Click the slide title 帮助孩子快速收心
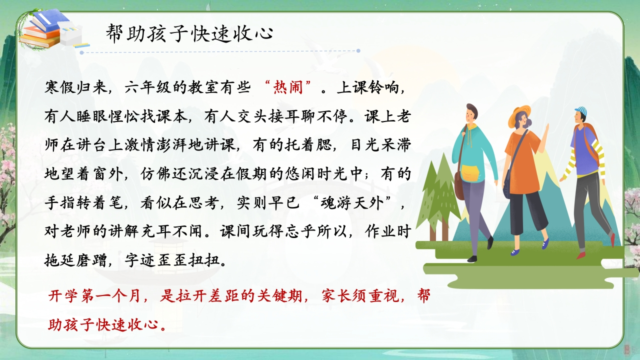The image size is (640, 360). pyautogui.click(x=189, y=33)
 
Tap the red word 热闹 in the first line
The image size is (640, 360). pyautogui.click(x=288, y=87)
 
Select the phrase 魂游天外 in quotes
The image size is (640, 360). pyautogui.click(x=352, y=203)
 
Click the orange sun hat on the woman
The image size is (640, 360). pyautogui.click(x=518, y=115)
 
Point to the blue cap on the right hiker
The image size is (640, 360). pyautogui.click(x=581, y=111)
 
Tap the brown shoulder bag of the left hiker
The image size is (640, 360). pyautogui.click(x=459, y=185)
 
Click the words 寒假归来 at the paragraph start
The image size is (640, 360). pyautogui.click(x=75, y=87)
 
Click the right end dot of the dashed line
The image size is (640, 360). pyautogui.click(x=358, y=51)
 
